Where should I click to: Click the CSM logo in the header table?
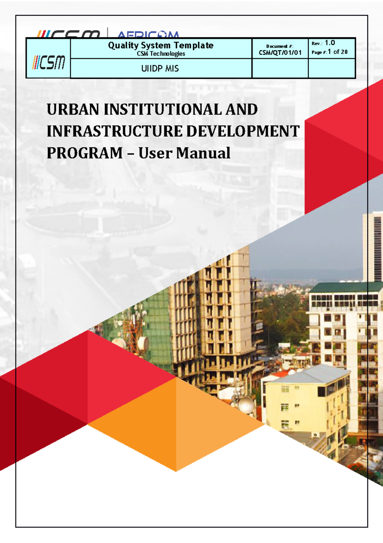coord(49,62)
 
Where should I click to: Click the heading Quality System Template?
coord(161,45)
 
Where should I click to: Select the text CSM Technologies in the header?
coord(161,54)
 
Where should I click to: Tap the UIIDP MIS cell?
coord(160,68)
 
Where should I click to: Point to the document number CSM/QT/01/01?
coord(280,53)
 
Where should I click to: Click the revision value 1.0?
coord(330,43)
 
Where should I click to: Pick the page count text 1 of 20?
coord(337,52)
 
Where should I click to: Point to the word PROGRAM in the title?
coord(85,153)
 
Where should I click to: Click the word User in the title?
coord(155,153)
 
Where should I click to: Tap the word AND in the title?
coord(242,110)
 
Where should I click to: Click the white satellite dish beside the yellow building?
coord(246,404)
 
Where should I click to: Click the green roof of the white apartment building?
coord(345,287)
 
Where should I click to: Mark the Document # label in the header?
coord(280,46)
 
